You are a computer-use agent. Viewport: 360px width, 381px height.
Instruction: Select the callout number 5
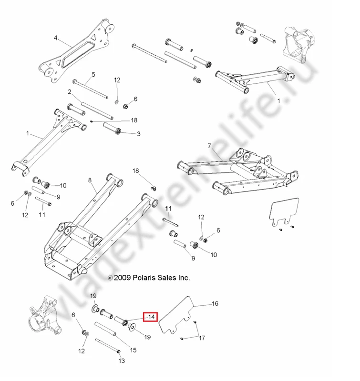(93, 75)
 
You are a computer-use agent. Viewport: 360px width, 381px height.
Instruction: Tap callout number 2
(70, 91)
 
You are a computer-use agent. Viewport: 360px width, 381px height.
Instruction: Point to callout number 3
(138, 134)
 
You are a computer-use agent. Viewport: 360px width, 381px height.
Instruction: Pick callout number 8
(90, 180)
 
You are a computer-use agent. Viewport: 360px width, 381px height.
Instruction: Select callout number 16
(215, 303)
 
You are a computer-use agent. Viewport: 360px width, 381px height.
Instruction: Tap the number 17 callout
(202, 339)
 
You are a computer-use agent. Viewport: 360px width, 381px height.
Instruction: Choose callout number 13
(121, 361)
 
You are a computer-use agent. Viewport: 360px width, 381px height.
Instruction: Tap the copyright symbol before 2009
(110, 278)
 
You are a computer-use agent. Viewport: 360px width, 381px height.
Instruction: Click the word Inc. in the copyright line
(183, 277)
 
